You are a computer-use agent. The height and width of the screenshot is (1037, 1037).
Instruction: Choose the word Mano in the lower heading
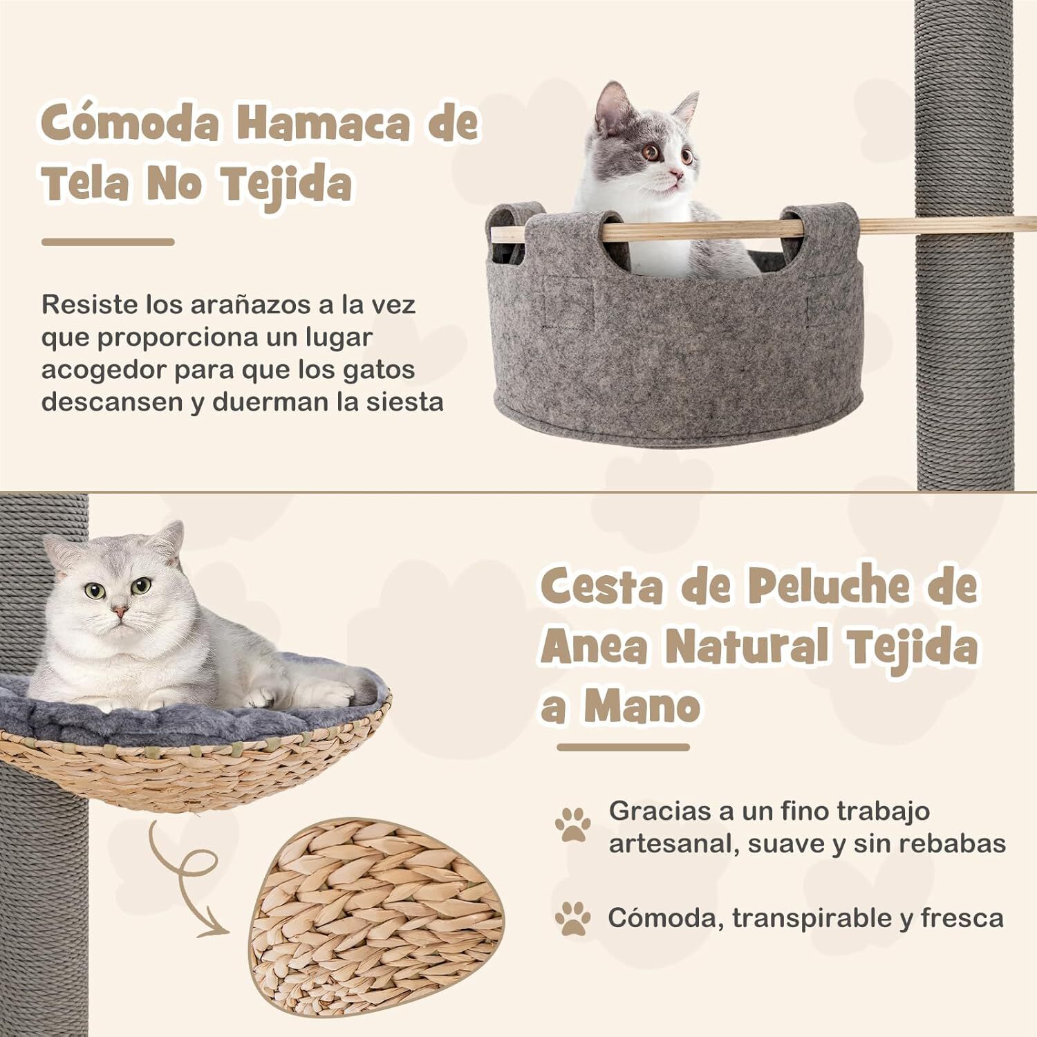click(642, 707)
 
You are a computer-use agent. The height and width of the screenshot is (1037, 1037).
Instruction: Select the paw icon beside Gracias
click(573, 824)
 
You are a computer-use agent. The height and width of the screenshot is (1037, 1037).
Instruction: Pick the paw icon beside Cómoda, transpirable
click(573, 918)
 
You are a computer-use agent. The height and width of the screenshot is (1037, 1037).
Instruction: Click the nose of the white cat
click(120, 612)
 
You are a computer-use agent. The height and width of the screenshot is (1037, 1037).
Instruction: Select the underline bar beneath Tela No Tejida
click(108, 242)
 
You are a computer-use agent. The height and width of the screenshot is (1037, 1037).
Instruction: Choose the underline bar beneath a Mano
click(623, 747)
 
